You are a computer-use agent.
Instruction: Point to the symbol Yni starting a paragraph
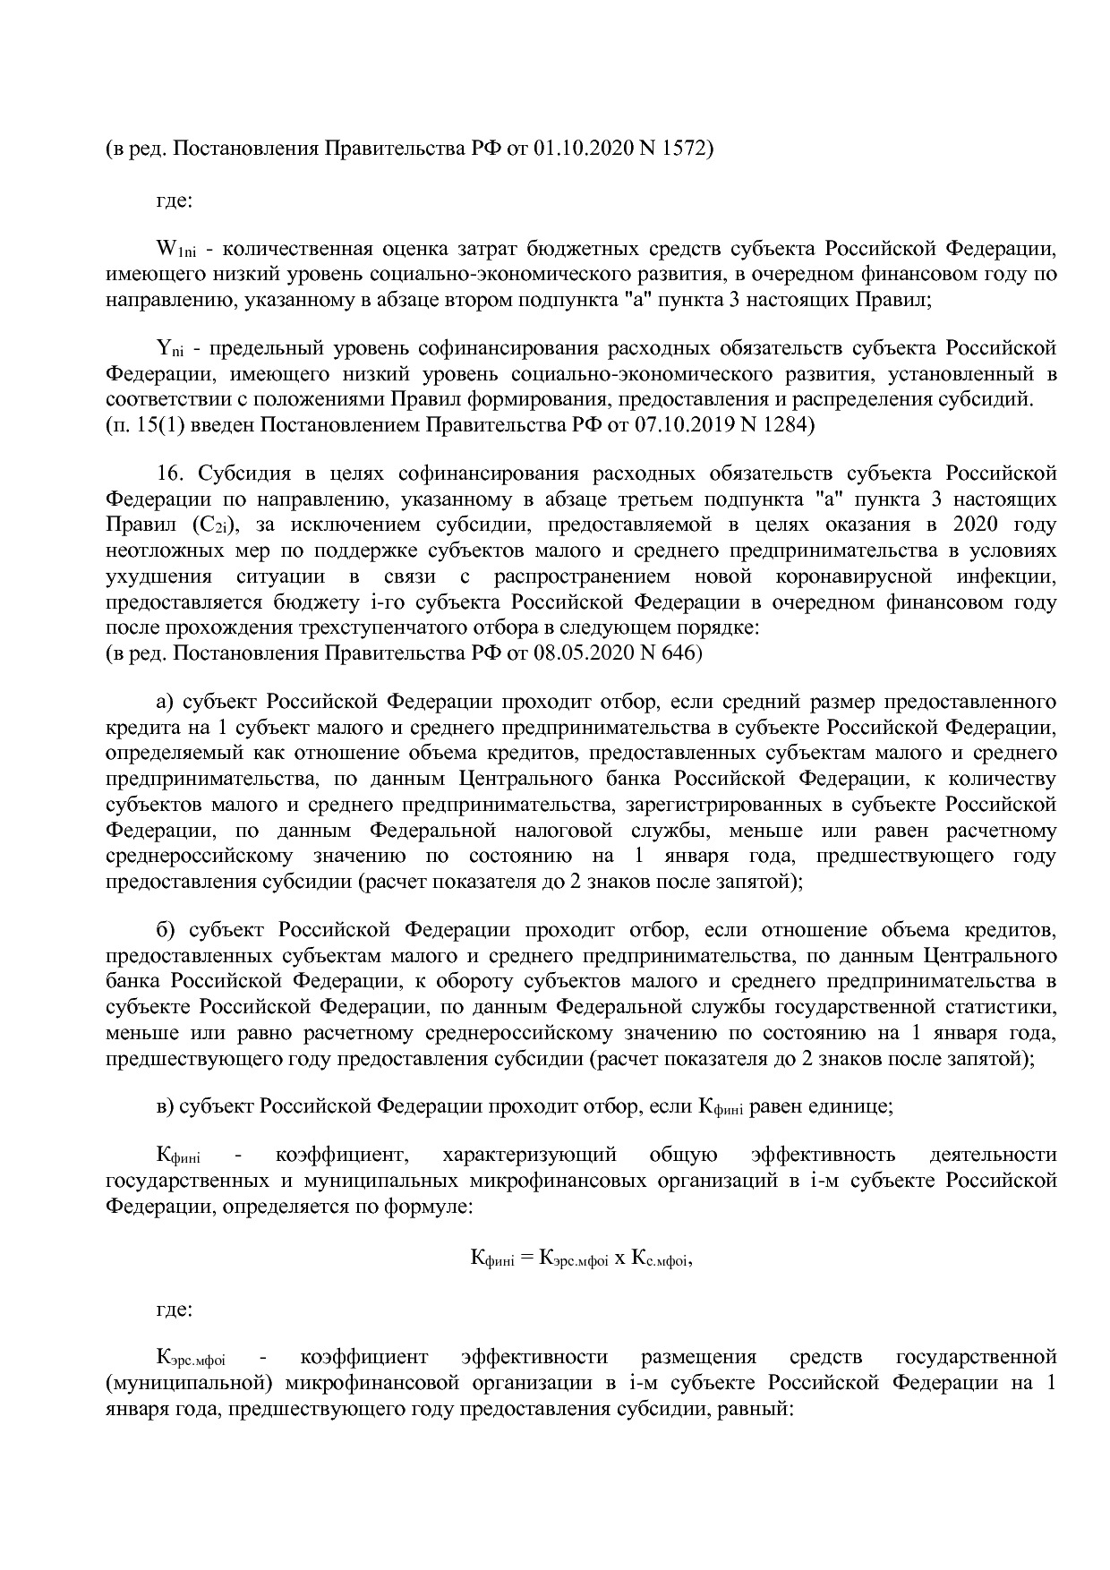click(170, 349)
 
